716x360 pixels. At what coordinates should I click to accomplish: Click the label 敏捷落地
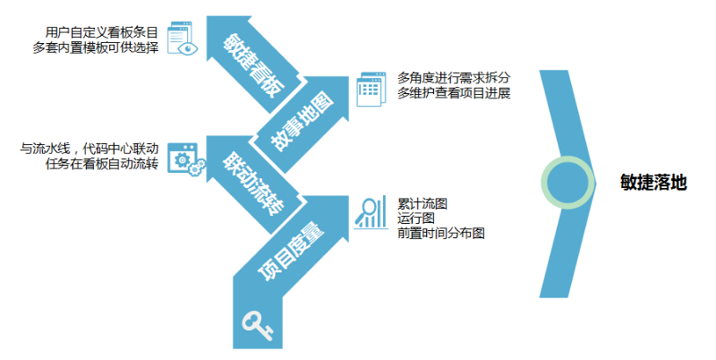pos(652,182)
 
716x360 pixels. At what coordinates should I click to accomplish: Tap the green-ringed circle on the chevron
pos(567,182)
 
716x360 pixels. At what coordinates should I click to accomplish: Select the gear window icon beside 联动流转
pos(185,161)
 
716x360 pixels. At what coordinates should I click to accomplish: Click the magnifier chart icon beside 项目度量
pos(369,212)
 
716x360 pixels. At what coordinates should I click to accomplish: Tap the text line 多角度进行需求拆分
pos(454,78)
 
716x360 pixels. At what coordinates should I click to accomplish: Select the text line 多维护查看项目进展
pos(454,94)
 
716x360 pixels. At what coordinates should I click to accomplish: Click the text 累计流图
pos(422,203)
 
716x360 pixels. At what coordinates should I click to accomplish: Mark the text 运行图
pos(416,218)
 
